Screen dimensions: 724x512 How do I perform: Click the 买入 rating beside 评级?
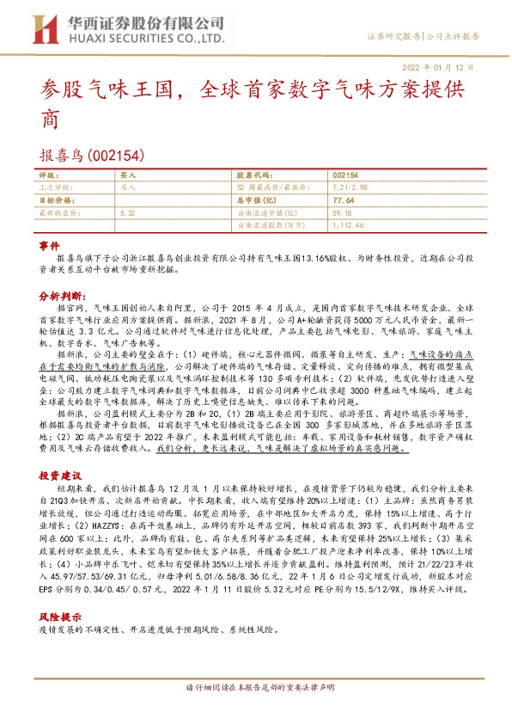tap(128, 175)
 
